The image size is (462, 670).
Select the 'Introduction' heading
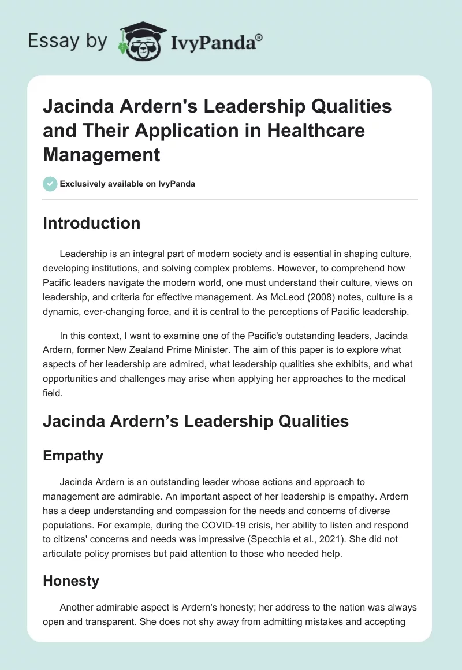coord(91,224)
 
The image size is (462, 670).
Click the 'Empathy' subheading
coord(73,456)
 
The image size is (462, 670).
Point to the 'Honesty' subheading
coord(70,580)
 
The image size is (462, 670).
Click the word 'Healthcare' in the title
coord(315,131)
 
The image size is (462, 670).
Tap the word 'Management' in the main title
coord(101,154)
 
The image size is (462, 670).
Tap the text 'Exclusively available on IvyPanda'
coord(128,184)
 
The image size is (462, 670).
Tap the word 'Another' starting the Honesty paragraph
coord(77,608)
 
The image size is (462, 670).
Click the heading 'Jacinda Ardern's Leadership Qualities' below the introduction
coord(195,422)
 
